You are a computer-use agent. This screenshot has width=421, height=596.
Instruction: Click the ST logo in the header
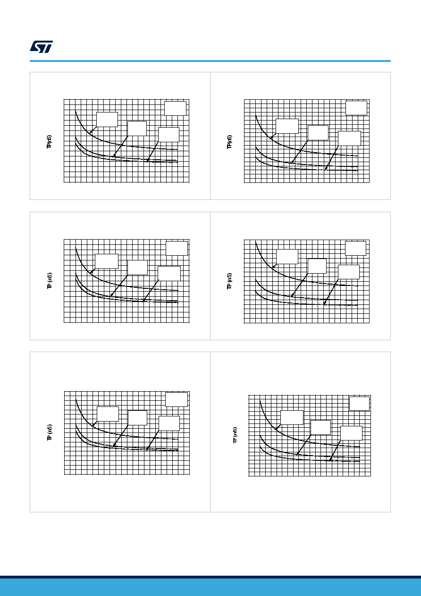[x=41, y=47]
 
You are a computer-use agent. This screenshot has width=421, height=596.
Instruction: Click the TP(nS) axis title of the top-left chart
[x=49, y=142]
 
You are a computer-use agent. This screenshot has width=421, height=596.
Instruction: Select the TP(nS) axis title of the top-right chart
[x=229, y=142]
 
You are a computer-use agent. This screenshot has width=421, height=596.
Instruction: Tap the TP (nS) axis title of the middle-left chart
[x=50, y=281]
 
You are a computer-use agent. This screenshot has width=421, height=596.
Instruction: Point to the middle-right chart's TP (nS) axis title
[x=229, y=281]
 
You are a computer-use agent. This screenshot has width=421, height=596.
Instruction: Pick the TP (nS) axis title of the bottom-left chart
[x=50, y=432]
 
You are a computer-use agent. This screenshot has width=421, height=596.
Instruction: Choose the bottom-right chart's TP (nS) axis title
[x=235, y=435]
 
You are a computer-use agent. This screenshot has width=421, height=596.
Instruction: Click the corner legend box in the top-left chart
[x=175, y=108]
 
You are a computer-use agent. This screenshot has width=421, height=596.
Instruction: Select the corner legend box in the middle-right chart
[x=356, y=248]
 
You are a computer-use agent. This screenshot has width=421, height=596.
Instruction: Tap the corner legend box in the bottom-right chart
[x=359, y=404]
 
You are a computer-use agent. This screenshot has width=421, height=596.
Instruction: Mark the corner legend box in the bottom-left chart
[x=177, y=399]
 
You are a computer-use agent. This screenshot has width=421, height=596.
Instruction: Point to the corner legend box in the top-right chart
[x=356, y=108]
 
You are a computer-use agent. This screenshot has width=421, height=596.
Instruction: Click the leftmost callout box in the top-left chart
[x=107, y=120]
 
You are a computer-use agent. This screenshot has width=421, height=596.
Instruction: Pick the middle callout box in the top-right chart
[x=318, y=133]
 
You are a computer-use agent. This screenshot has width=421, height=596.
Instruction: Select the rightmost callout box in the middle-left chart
[x=169, y=273]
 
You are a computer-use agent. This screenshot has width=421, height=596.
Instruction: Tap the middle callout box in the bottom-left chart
[x=138, y=418]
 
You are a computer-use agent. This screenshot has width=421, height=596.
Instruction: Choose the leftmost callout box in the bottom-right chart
[x=292, y=417]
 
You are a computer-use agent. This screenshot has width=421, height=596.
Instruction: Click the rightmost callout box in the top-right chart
[x=350, y=138]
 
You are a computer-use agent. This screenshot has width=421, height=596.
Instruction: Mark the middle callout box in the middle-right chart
[x=317, y=266]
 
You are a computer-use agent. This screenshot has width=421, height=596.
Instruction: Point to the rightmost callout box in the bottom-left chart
[x=169, y=423]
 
